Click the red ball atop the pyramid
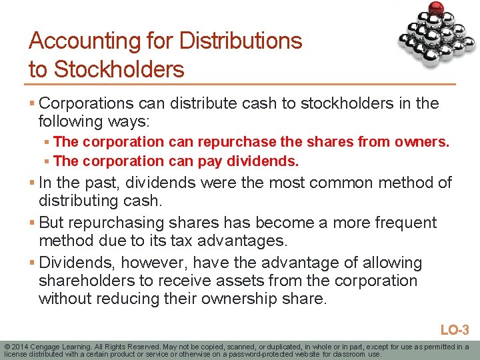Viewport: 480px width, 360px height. pyautogui.click(x=437, y=9)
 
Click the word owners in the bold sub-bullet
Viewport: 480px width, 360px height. pyautogui.click(x=424, y=142)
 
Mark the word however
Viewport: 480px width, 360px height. pyautogui.click(x=151, y=263)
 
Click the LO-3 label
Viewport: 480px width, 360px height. pyautogui.click(x=455, y=329)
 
